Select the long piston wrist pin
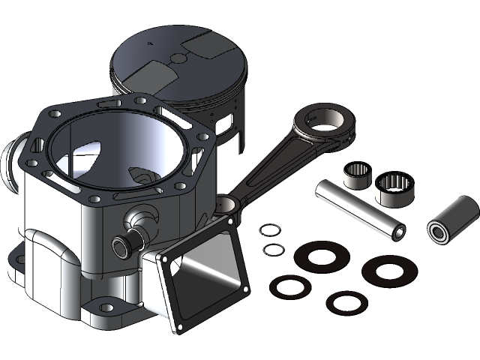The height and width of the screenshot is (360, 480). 360,209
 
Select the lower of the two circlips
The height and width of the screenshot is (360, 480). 274,248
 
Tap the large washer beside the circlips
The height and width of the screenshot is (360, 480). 321,255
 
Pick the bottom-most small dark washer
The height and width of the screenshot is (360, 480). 347,302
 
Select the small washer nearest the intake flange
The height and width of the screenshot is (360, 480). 290,286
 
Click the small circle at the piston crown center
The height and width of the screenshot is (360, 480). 178,58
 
